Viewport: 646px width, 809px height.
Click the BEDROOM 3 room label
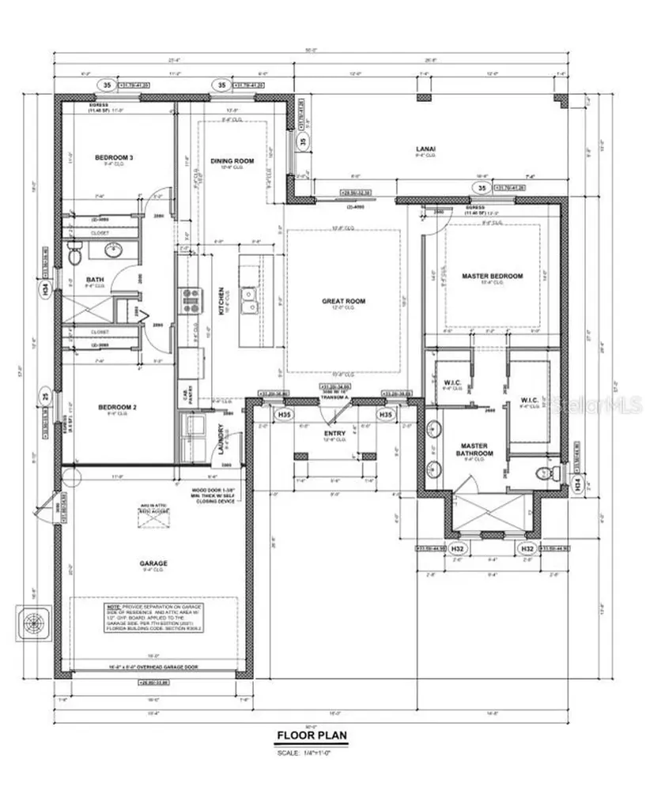click(x=114, y=158)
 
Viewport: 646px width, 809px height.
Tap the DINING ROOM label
click(x=232, y=160)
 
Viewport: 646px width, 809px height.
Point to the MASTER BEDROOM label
click(x=493, y=276)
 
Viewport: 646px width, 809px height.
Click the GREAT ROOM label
click(x=343, y=301)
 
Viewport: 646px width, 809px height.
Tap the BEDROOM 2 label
click(x=117, y=408)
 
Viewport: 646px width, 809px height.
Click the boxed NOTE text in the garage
click(x=156, y=615)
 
